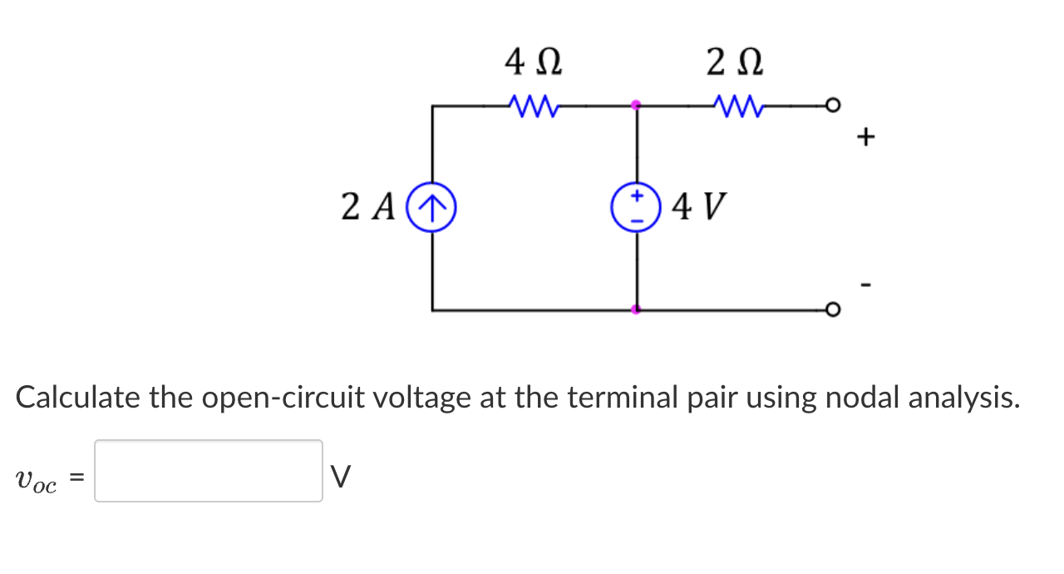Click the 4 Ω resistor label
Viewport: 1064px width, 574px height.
coord(533,63)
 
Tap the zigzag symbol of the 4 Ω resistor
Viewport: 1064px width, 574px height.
coord(533,106)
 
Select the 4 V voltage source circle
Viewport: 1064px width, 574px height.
coord(636,208)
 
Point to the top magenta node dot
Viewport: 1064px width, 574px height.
coord(636,106)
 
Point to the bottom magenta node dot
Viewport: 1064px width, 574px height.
coord(636,309)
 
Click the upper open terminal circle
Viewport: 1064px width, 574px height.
coord(832,106)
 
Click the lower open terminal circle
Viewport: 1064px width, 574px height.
coord(832,310)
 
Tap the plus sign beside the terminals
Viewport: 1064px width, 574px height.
coord(866,136)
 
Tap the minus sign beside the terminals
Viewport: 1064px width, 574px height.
coord(866,286)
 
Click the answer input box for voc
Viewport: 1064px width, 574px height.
coord(208,471)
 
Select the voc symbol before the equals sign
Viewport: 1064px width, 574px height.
coord(36,480)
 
